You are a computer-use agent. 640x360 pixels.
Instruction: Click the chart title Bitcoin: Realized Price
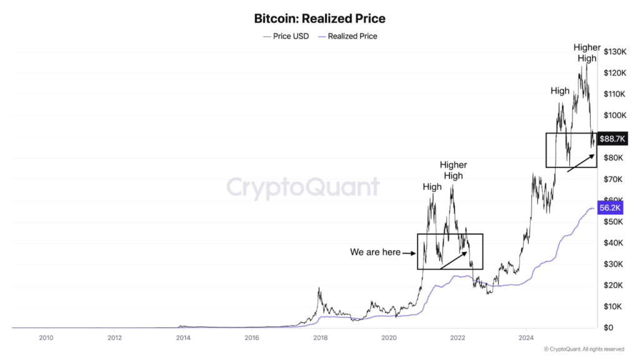coord(320,18)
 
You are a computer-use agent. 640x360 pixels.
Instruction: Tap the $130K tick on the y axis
coord(615,51)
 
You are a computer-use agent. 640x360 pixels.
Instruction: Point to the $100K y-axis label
coord(615,115)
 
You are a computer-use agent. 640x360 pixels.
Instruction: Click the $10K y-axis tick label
coord(612,306)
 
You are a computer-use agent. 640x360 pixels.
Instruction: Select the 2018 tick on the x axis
coord(320,338)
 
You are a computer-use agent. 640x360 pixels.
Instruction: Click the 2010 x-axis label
coord(46,338)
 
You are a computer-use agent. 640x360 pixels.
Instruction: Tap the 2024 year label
coord(526,338)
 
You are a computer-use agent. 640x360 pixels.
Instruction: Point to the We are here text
coord(375,252)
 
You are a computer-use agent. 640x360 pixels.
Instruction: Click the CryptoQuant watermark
coord(302,187)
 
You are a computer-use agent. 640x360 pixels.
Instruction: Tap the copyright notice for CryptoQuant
coord(584,349)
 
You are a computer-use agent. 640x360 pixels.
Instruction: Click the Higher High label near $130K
coord(587,53)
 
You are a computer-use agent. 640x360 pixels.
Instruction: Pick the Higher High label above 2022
coord(453,170)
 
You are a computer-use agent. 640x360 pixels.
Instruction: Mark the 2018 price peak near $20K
coord(319,289)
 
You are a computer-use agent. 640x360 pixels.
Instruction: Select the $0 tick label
coord(608,327)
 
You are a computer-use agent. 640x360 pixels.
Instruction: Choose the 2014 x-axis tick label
coord(183,338)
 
